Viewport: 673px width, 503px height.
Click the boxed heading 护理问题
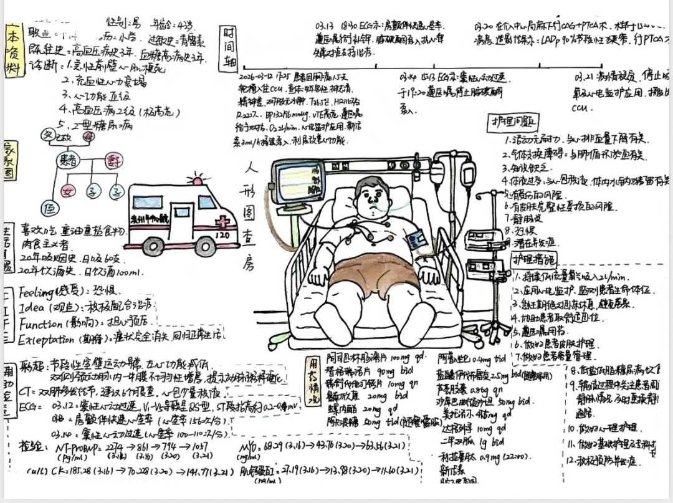pos(513,122)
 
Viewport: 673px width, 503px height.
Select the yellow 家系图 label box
pos(9,160)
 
